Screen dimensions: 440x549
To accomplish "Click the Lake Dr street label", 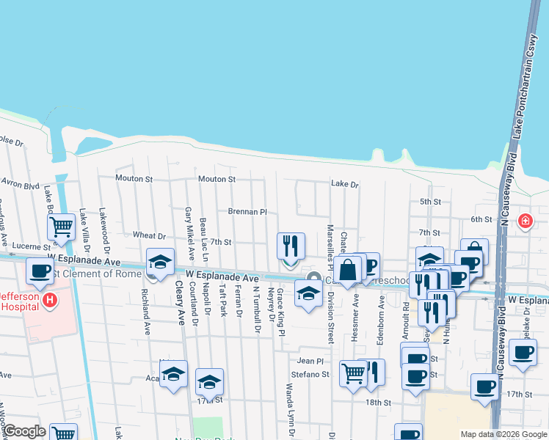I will point(344,185).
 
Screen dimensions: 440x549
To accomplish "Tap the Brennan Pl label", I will point(247,211).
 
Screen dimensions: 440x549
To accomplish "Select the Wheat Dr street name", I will point(149,235).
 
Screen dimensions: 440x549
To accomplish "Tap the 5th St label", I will point(429,202).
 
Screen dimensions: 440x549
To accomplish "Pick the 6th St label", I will point(481,219).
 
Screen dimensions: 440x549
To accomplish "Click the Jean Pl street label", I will point(310,361).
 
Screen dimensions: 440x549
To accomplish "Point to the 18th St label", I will point(379,403).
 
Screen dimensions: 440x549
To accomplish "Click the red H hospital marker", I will point(50,300).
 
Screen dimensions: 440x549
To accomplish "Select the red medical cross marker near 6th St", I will point(526,221).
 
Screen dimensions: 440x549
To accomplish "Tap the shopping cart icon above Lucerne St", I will point(62,227).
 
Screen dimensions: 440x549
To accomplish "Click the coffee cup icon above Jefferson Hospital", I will point(40,271).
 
